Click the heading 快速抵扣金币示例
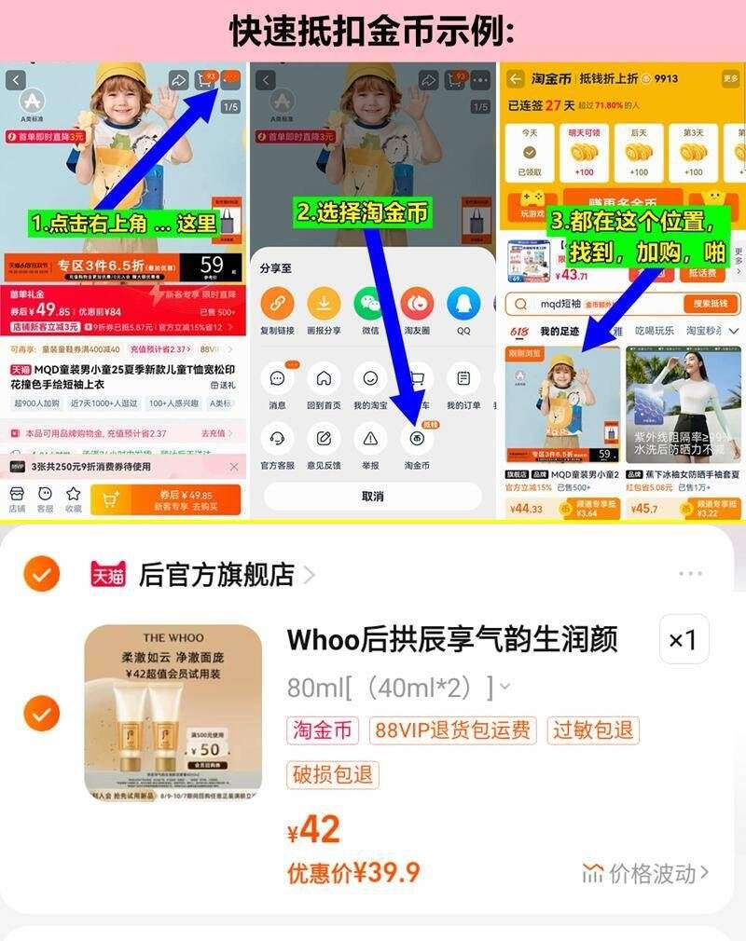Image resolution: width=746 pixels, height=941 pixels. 372,31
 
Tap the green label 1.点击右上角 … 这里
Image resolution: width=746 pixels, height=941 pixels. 123,224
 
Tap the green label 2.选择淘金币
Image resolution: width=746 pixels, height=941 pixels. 363,212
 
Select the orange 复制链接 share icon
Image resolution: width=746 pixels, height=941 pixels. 277,304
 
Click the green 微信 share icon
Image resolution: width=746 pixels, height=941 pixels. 370,304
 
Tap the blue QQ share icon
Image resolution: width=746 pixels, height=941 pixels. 463,304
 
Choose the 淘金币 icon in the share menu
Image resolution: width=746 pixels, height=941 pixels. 417,438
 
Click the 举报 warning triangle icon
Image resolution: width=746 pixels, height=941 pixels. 370,438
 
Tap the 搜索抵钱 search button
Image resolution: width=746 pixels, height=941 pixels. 711,304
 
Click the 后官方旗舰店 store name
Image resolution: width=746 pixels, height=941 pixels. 216,574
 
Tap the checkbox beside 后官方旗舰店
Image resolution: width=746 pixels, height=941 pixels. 41,574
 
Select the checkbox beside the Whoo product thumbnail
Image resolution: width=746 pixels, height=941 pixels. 41,714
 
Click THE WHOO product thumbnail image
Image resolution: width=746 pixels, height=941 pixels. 173,713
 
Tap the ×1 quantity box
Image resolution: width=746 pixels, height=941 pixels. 684,640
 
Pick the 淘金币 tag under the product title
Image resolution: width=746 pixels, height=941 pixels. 323,730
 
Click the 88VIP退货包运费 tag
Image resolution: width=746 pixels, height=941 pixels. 453,730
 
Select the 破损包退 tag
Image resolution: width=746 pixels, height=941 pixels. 333,774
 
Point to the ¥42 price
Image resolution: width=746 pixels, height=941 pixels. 314,828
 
